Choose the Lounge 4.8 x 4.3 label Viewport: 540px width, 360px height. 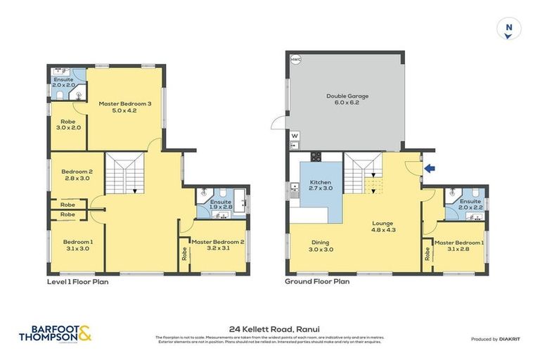[x=382, y=226]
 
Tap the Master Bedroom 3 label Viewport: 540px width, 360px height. [x=125, y=107]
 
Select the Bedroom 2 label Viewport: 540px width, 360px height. [x=77, y=175]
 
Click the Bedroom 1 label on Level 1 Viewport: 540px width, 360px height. [x=77, y=245]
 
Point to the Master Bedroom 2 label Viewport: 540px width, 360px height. [x=217, y=245]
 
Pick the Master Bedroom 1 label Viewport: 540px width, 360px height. [x=458, y=245]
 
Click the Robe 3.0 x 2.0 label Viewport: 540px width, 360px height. [x=70, y=124]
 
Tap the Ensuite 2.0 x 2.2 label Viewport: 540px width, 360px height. [x=470, y=205]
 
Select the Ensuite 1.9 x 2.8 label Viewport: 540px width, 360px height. [x=221, y=205]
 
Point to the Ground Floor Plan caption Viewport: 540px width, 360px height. [x=317, y=281]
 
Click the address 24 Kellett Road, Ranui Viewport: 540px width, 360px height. [x=270, y=328]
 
